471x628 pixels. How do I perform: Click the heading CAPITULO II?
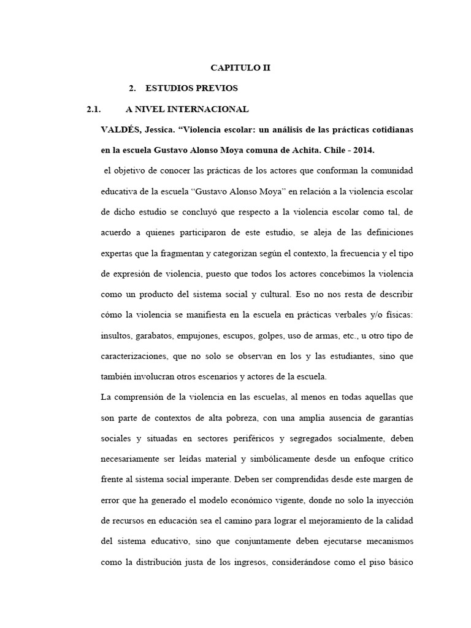pos(240,68)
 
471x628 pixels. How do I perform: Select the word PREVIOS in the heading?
pos(214,89)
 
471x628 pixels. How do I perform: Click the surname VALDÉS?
pos(118,131)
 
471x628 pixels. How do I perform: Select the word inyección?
pos(391,500)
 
